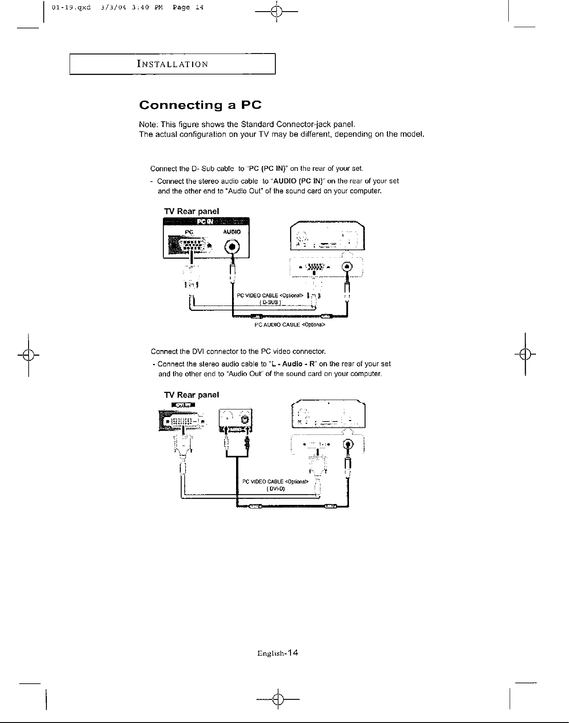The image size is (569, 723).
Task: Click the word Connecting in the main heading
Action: tap(181, 106)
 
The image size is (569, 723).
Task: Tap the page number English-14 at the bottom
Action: tap(277, 653)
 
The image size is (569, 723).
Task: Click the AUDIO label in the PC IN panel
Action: tap(232, 232)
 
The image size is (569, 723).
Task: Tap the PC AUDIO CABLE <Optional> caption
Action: tap(290, 325)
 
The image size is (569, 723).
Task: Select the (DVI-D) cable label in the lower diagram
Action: tap(275, 488)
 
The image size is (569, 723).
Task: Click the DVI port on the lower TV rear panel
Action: tap(183, 421)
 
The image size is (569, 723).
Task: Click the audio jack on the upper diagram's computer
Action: tap(347, 267)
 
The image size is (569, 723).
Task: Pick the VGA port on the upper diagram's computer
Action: tap(315, 267)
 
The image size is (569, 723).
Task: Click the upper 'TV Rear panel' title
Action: tap(191, 211)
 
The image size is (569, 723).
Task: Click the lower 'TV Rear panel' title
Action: tap(191, 395)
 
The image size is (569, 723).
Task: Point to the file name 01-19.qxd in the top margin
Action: tap(71, 8)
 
